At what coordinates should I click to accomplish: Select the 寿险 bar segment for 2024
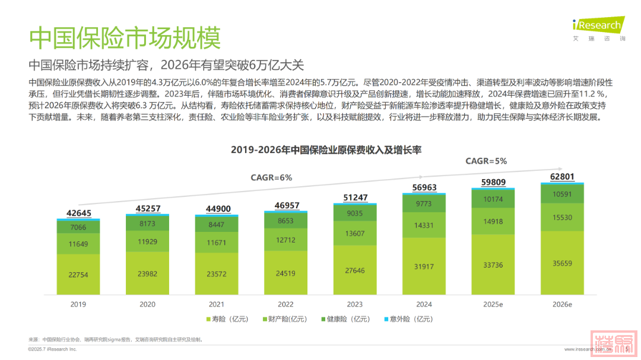[424, 266]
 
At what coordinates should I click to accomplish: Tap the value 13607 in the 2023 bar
[354, 233]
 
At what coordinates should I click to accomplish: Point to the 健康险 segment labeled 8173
[147, 224]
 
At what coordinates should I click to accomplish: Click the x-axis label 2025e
[493, 304]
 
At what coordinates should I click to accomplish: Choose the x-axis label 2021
[217, 304]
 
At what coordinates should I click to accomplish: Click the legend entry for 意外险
[410, 319]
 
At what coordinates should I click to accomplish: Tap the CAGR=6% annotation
[271, 177]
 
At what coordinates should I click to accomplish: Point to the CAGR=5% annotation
[486, 161]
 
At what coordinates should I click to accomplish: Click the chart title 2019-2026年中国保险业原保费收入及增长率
[326, 150]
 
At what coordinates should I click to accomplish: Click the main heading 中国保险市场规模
[125, 37]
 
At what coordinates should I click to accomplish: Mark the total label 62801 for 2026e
[562, 176]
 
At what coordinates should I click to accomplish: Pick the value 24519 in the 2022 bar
[285, 273]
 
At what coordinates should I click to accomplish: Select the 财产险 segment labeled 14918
[493, 222]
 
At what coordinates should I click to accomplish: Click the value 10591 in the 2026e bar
[562, 195]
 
